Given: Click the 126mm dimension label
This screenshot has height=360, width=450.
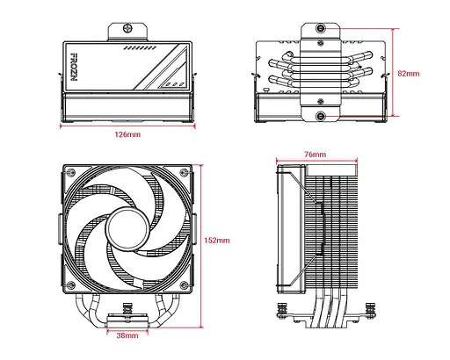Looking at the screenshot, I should (x=127, y=136).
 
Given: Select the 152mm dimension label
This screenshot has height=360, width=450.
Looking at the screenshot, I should (x=217, y=240).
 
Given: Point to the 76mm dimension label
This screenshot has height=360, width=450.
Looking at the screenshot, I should (x=314, y=155).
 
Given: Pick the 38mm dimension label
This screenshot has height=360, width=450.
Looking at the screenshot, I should (x=127, y=335).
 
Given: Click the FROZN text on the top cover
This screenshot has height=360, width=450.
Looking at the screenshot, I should (x=73, y=66).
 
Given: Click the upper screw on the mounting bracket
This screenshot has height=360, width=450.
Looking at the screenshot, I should (x=323, y=28).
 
